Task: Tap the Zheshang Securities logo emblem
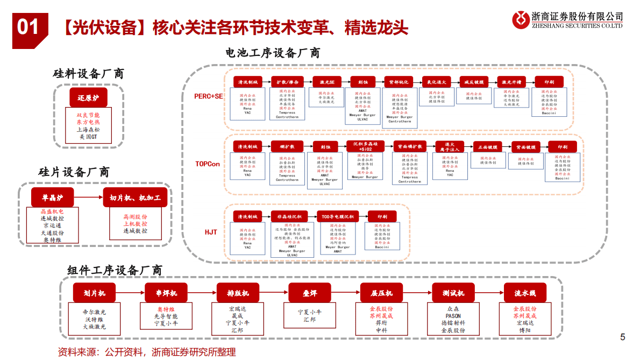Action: coord(521,20)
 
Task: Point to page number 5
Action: coord(623,337)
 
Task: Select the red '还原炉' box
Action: coord(88,98)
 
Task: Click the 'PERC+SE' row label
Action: coord(209,96)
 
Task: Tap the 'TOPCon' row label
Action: coord(208,164)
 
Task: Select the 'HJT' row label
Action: coord(211,232)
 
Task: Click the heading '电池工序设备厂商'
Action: coord(273,53)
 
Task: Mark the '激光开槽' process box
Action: coord(511,82)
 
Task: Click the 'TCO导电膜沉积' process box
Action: coord(338,216)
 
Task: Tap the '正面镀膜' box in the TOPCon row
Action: coord(487,147)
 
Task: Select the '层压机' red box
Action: coord(381,293)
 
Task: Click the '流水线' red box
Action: coord(525,293)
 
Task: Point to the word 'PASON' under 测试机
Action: coord(453,316)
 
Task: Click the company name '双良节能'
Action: coord(88,115)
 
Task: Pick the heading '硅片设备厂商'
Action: coord(74,172)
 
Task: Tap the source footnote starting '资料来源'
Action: coord(147,352)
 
